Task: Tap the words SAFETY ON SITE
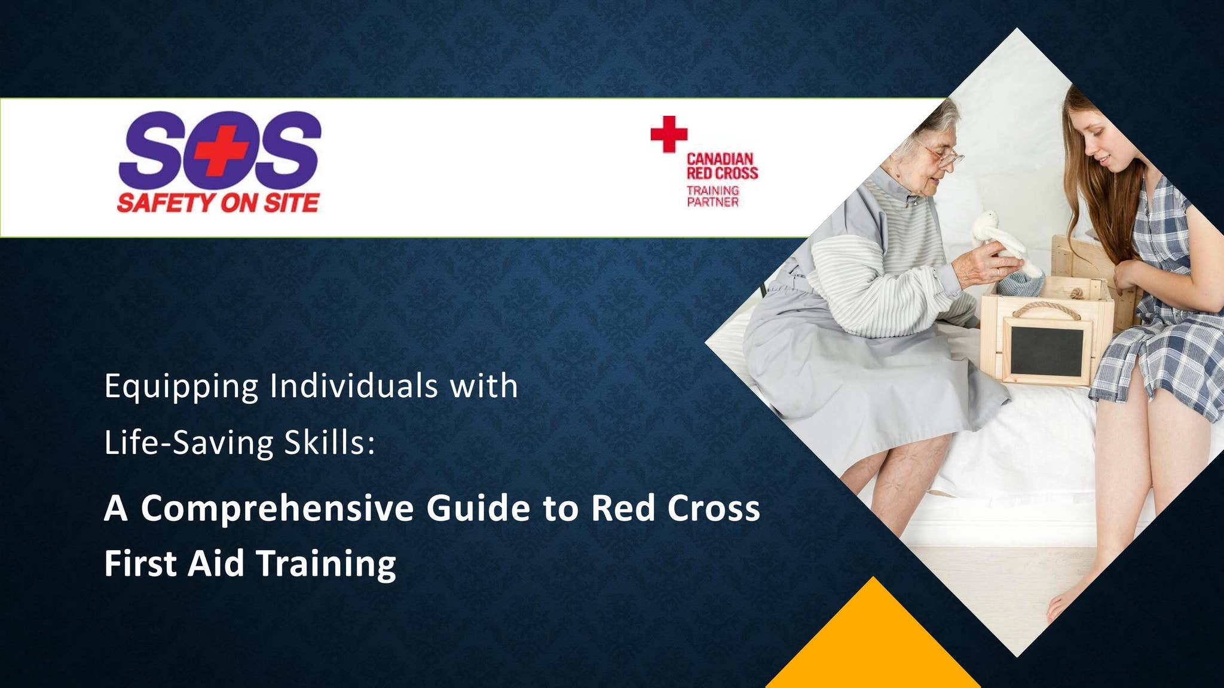(218, 203)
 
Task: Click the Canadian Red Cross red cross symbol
(669, 134)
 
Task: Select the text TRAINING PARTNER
(712, 196)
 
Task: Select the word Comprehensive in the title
(277, 508)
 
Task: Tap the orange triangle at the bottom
(873, 645)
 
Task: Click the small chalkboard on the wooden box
(1046, 351)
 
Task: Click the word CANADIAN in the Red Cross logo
(720, 159)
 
